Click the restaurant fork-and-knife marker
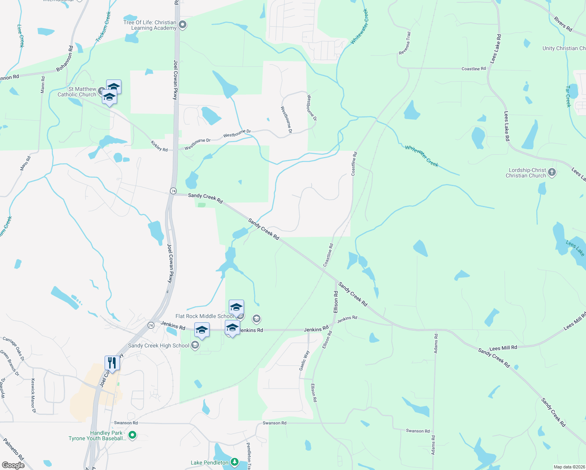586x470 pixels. point(112,363)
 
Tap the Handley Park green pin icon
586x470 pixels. point(132,435)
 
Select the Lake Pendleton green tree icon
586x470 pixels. point(235,463)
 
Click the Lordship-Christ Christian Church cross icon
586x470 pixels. point(552,172)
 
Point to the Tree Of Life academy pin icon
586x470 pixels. point(182,25)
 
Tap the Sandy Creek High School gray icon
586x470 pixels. point(195,345)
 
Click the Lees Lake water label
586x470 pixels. point(575,249)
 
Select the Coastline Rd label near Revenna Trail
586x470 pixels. point(473,69)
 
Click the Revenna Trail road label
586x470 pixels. point(405,43)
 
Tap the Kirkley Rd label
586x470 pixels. point(159,146)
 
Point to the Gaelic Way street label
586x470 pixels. point(304,360)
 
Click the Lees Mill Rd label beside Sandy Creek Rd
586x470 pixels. point(503,348)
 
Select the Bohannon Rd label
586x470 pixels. point(65,59)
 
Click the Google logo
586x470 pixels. point(13,465)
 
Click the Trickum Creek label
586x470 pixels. point(103,27)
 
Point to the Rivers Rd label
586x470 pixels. point(563,24)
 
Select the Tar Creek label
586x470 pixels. point(568,97)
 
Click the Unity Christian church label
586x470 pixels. point(564,48)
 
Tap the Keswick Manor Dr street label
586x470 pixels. point(33,396)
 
